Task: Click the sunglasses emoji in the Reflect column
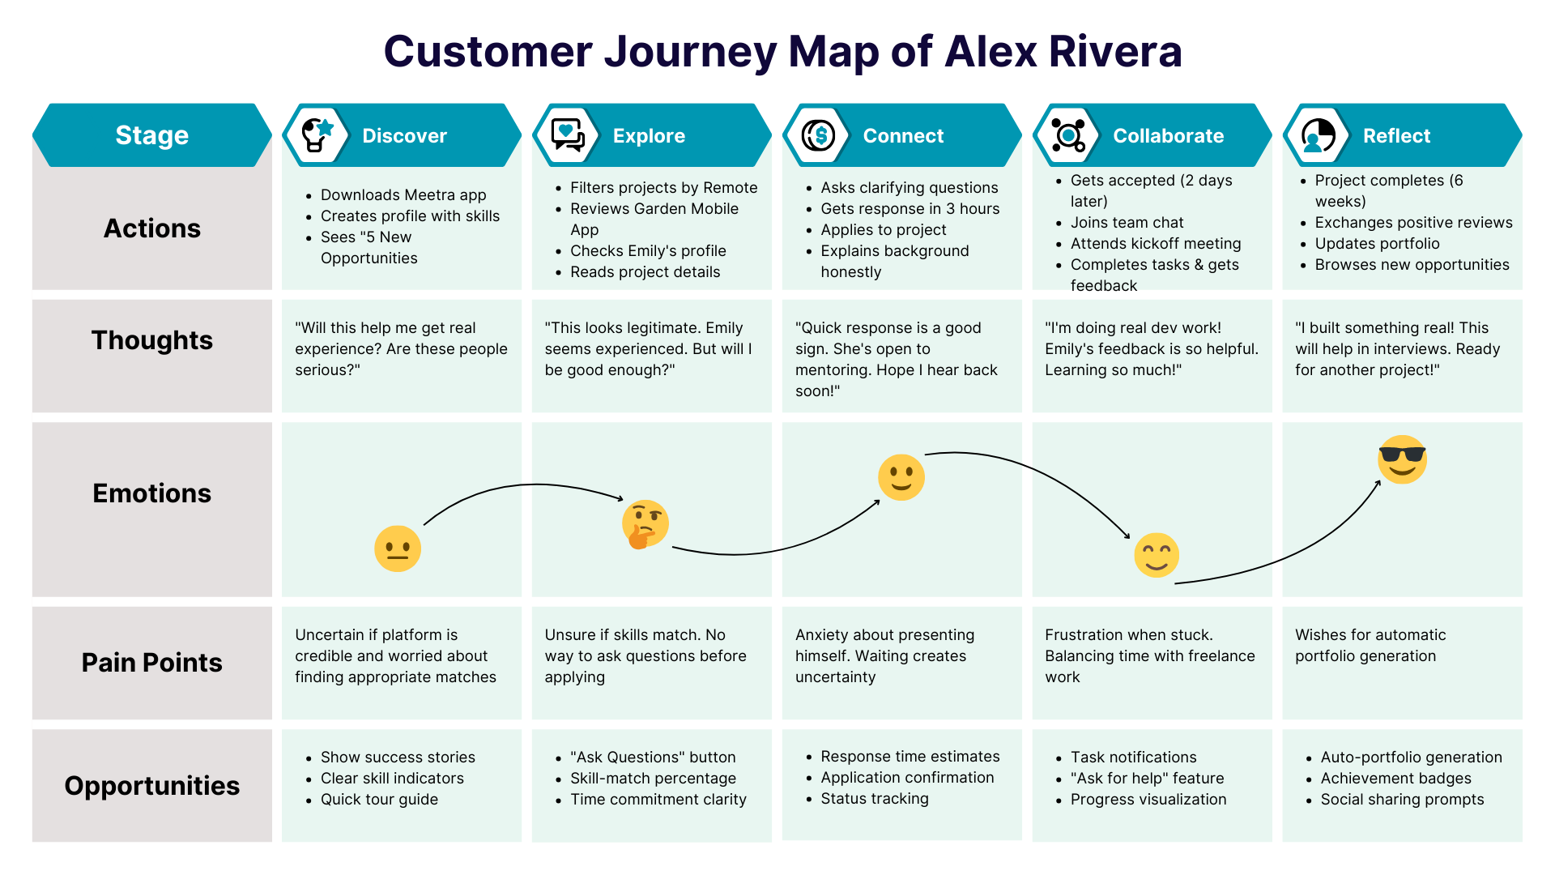point(1402,459)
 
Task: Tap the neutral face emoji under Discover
point(398,548)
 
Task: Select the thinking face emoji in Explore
point(645,524)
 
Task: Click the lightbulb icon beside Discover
point(317,134)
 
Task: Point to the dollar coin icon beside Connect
point(818,135)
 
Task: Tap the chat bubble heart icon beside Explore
point(567,134)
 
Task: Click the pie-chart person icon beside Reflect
point(1318,135)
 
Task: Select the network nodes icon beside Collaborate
point(1067,135)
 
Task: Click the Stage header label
point(151,135)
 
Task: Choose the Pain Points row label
point(151,663)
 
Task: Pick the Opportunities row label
point(151,786)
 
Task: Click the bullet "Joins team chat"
point(1127,223)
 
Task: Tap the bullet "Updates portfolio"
point(1377,244)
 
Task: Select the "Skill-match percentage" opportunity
point(653,779)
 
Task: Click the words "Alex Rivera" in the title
point(1063,51)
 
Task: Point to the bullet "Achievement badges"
point(1395,779)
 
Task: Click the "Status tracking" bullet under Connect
point(874,799)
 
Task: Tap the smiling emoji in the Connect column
point(901,477)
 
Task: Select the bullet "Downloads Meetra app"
point(403,195)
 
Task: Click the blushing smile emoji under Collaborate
point(1156,555)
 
